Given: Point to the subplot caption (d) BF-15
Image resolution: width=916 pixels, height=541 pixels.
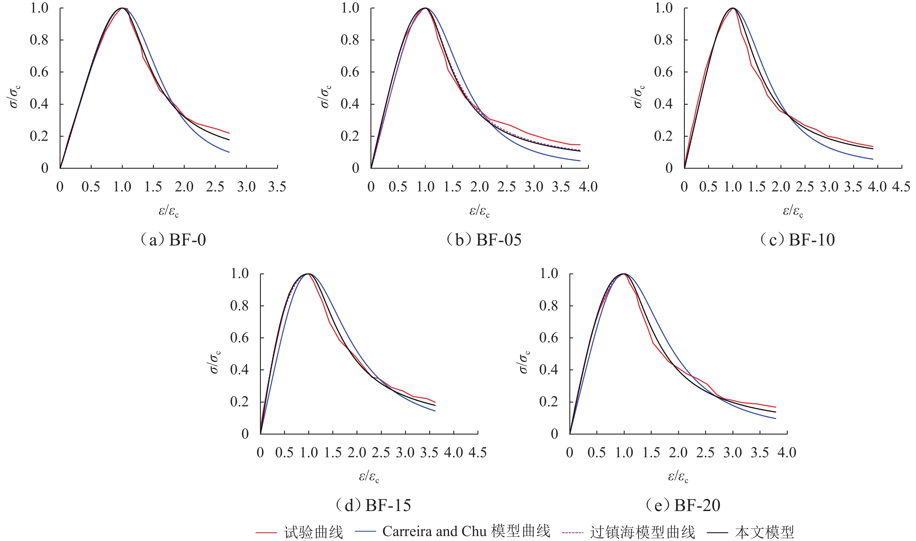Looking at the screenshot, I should coord(373,505).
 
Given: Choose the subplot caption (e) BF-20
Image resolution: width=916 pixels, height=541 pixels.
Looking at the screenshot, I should coord(683,505).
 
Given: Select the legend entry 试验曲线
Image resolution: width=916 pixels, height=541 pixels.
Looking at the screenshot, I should coord(313,532).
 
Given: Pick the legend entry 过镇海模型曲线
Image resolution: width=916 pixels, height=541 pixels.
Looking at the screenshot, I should coord(642,532).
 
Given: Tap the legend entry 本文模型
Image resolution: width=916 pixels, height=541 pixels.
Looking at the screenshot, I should coord(764,532).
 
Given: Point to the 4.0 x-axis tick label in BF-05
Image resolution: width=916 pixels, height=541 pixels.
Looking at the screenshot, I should coord(588,187).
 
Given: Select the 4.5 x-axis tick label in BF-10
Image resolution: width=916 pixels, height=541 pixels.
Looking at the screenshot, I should coord(901,187).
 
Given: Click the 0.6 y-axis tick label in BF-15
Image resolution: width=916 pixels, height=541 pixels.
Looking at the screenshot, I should coord(239,338).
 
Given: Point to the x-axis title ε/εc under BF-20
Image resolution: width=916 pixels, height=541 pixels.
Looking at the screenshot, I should coord(678,476).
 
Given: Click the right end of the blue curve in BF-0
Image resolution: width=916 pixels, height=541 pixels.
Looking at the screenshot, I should coord(229,152).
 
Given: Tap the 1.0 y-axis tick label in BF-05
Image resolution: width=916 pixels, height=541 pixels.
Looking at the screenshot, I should coord(350,8).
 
